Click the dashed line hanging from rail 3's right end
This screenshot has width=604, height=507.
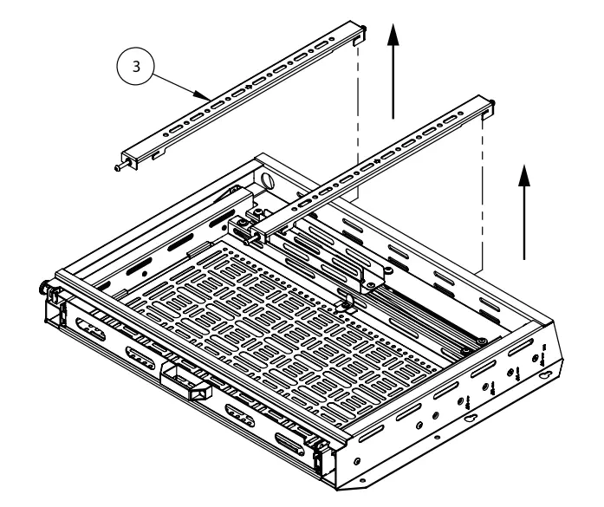357,130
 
